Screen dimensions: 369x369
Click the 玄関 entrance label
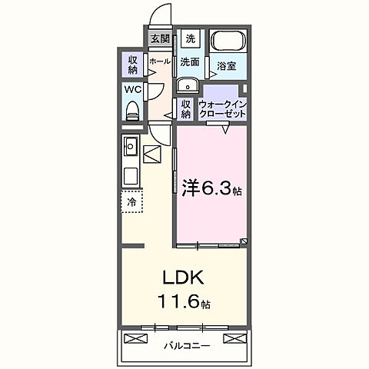click(160, 38)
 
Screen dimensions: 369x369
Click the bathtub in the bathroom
click(226, 42)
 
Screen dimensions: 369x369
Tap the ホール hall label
click(161, 61)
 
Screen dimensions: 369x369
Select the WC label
click(131, 89)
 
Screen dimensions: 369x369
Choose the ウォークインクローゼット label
click(223, 108)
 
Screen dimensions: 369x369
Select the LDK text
click(181, 278)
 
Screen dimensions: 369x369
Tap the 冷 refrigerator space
click(132, 202)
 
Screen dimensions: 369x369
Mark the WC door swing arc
click(154, 91)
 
